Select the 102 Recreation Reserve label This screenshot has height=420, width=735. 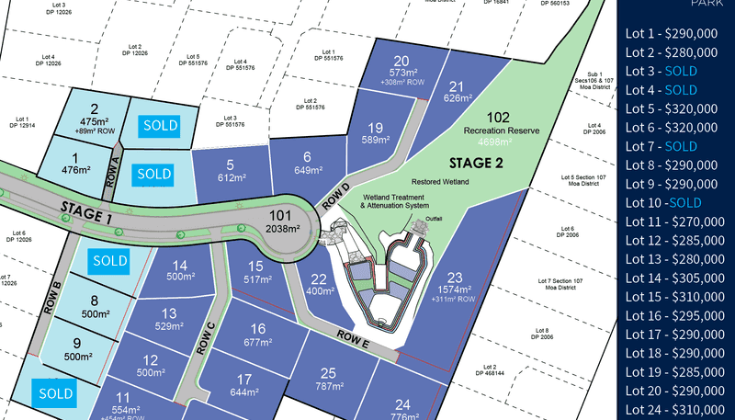[498, 124]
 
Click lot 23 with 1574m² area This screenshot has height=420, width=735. [454, 284]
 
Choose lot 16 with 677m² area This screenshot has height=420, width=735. [258, 335]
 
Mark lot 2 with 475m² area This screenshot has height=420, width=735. [94, 116]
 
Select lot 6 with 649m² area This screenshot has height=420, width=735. [307, 162]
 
